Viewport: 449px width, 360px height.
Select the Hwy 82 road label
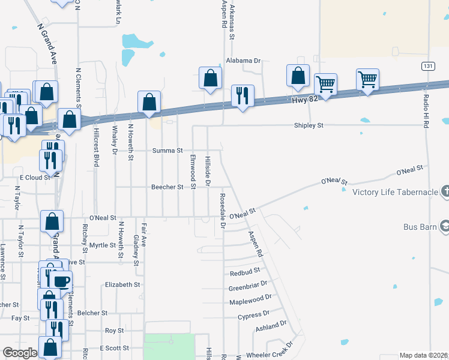304,100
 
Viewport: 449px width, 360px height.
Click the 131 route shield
427,65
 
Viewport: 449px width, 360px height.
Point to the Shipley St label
309,125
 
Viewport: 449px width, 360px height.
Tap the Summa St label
167,150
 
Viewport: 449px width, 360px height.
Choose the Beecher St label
167,187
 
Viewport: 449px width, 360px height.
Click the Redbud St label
244,273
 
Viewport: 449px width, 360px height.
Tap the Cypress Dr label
253,316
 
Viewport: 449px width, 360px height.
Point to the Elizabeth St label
122,285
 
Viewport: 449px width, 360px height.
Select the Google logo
20,353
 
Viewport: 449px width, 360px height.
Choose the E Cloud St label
35,178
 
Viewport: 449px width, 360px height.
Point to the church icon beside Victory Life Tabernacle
445,192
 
